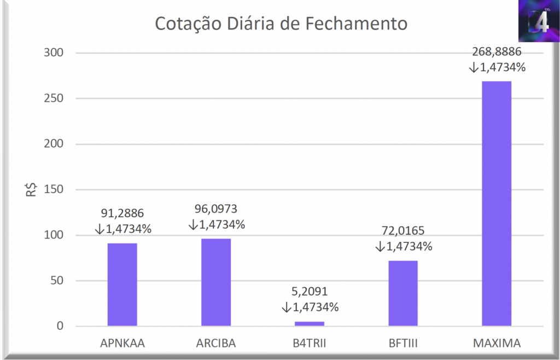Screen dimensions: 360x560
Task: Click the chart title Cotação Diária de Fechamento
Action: [x=281, y=24]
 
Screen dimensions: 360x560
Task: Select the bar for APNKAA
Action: [x=122, y=284]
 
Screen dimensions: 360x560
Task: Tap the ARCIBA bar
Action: [x=216, y=282]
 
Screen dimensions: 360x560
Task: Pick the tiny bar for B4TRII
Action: [x=309, y=323]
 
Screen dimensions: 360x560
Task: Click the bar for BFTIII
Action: [x=403, y=293]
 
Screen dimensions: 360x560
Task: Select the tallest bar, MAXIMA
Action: [x=497, y=204]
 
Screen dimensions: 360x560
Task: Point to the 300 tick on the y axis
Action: [x=54, y=53]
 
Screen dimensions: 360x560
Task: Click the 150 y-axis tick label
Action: [x=54, y=190]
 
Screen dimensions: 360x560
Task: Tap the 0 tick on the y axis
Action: [x=60, y=327]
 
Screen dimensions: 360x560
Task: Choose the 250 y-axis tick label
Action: [x=54, y=98]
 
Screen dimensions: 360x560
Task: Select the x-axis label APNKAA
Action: [x=122, y=344]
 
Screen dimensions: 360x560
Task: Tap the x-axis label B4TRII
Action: [x=310, y=344]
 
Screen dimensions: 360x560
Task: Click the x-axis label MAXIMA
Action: [x=497, y=344]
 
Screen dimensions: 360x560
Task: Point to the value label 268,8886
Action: [x=497, y=52]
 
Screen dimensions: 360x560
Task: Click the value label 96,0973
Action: [x=216, y=209]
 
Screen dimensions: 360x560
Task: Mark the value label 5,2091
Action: [x=310, y=292]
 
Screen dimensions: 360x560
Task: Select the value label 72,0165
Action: [x=404, y=231]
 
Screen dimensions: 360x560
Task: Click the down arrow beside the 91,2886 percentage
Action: [x=100, y=229]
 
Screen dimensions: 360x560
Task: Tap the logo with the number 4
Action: [x=538, y=21]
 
